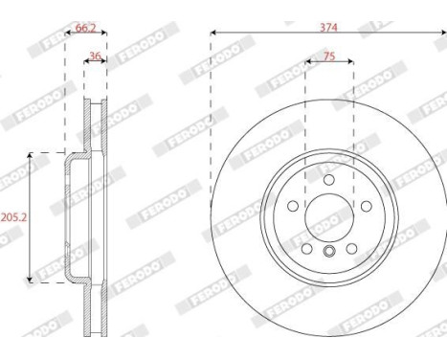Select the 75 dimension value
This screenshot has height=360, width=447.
click(328, 56)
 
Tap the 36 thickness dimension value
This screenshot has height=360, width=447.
click(95, 56)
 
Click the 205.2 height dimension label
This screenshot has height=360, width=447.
click(12, 216)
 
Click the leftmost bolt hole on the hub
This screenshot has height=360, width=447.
click(292, 206)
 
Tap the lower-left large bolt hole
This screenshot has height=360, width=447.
click(306, 248)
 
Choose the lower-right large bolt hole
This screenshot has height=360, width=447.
click(351, 248)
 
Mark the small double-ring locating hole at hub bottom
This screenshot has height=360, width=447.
click(328, 253)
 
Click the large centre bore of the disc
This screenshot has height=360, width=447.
click(328, 217)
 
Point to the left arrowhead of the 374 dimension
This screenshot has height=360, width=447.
click(212, 35)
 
